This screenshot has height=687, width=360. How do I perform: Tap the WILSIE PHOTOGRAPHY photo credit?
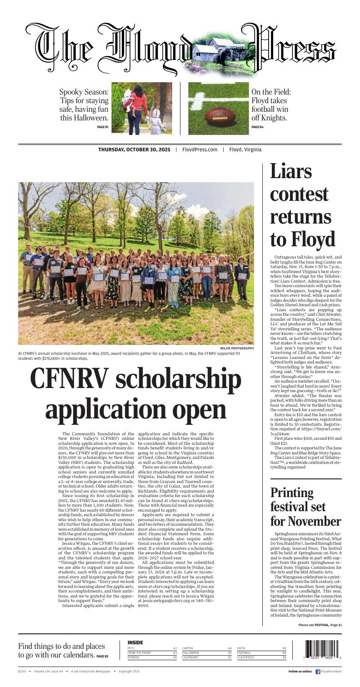[237, 348]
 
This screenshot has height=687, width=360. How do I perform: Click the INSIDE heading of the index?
[135, 642]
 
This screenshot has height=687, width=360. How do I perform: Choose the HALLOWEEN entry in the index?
[190, 652]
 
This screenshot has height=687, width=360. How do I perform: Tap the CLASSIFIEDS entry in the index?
[245, 657]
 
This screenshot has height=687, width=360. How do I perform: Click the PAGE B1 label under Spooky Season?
[103, 127]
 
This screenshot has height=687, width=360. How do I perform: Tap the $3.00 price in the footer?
[22, 671]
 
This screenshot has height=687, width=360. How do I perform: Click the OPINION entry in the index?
[133, 657]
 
